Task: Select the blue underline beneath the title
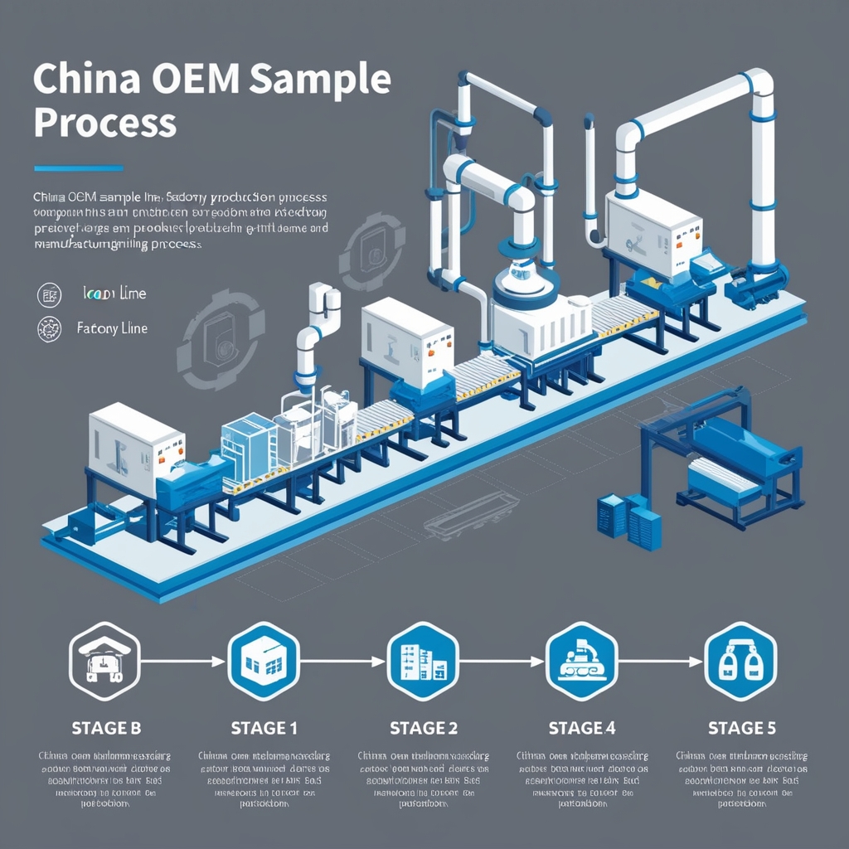click(79, 168)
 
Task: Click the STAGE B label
click(105, 728)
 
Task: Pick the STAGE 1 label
click(264, 728)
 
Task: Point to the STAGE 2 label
click(423, 728)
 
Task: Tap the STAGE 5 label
click(741, 728)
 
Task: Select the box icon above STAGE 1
click(264, 661)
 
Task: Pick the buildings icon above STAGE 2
click(423, 661)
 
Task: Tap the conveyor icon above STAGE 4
click(581, 661)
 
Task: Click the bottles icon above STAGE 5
click(740, 661)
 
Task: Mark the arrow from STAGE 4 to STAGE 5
click(661, 661)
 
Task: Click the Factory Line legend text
click(112, 328)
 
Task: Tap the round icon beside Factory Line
click(50, 329)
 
